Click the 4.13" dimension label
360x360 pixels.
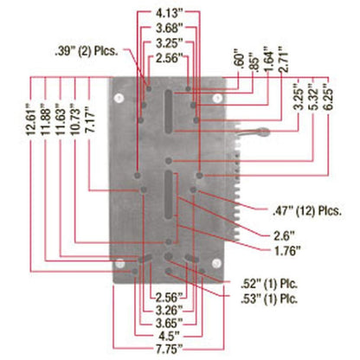pos(170,13)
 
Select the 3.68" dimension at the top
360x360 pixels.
pos(170,29)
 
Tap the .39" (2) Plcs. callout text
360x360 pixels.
pos(87,51)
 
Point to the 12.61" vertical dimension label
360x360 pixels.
pos(31,122)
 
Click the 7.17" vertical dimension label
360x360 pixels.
pos(90,119)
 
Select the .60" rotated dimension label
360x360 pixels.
pos(240,61)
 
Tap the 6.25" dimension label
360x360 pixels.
pos(329,97)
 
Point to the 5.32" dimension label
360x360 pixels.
pos(314,97)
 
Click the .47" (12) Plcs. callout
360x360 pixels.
pos(307,211)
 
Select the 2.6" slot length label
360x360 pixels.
pos(284,236)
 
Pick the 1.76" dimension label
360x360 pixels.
pos(287,251)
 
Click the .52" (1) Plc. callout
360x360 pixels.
pos(269,284)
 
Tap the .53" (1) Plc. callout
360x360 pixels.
pos(269,299)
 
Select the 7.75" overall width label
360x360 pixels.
pos(170,350)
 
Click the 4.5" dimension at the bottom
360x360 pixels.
pos(170,336)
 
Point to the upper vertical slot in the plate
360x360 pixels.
pos(169,112)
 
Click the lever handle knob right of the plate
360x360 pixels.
pos(263,132)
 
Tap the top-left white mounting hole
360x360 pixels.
pos(119,98)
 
